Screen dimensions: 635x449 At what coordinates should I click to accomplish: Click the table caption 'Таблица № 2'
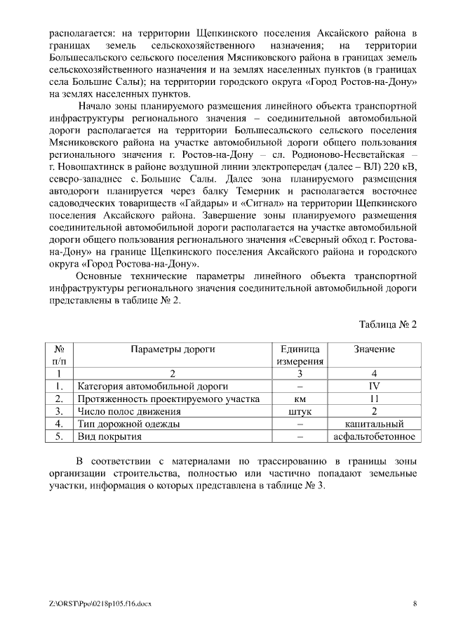[388, 325]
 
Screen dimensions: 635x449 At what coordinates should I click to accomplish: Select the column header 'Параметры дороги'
[172, 349]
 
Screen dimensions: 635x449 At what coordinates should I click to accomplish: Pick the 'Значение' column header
[374, 349]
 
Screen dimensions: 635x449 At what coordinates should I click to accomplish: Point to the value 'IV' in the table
[374, 387]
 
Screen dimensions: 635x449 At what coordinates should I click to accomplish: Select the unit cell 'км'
[300, 399]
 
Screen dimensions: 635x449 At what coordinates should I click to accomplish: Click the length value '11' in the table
[374, 399]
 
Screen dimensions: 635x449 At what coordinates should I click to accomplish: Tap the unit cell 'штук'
[300, 412]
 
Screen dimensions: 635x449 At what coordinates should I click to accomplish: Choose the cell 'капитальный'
[374, 425]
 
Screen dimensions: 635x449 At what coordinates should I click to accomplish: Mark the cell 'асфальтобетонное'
[374, 437]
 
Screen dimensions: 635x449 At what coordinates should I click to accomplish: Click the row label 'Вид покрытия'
[109, 437]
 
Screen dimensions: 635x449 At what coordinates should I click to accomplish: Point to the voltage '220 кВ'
[401, 166]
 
